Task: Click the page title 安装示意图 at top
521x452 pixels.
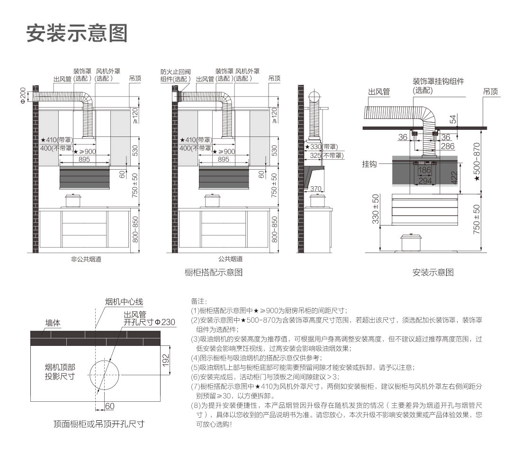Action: click(77, 33)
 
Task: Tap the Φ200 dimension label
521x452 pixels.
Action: click(23, 95)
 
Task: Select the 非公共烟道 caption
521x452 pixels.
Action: click(86, 259)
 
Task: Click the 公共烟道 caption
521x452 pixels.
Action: click(231, 259)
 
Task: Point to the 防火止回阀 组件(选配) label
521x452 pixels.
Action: click(176, 75)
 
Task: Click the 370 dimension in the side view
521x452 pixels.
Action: click(315, 189)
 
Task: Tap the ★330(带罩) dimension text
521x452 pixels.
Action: click(322, 146)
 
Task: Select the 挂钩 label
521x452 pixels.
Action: click(369, 164)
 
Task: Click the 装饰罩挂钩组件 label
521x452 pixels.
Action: click(438, 81)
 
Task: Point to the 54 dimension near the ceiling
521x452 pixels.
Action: click(453, 119)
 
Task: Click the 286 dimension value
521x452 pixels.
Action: click(448, 146)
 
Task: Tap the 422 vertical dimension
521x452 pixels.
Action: click(454, 178)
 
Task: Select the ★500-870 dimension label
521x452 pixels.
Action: click(477, 162)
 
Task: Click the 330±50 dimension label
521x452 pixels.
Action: click(376, 209)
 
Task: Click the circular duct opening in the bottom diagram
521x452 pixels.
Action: click(104, 375)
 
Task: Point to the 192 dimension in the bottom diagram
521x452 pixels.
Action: click(165, 361)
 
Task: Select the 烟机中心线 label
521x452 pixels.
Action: click(124, 302)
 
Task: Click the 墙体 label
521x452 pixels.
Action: click(53, 323)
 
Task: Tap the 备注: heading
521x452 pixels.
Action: click(199, 301)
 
